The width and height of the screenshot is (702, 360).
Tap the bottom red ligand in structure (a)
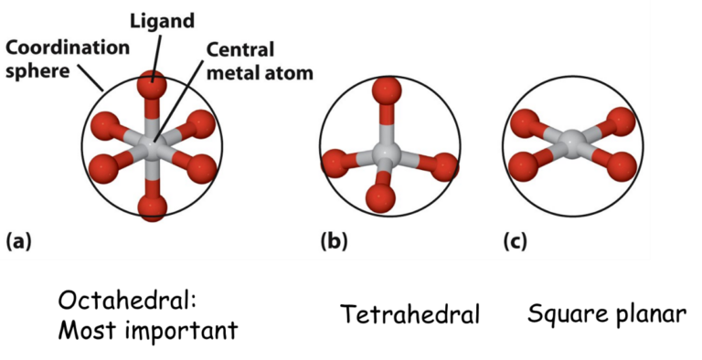pyautogui.click(x=153, y=206)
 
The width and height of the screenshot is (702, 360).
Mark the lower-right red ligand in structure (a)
pyautogui.click(x=200, y=168)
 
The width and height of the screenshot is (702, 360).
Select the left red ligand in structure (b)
pyautogui.click(x=335, y=164)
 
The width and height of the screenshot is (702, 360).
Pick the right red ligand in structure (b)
pyautogui.click(x=443, y=166)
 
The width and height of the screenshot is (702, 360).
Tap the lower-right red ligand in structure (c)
pyautogui.click(x=621, y=166)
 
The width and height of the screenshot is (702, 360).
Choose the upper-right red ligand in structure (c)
pyautogui.click(x=621, y=121)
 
